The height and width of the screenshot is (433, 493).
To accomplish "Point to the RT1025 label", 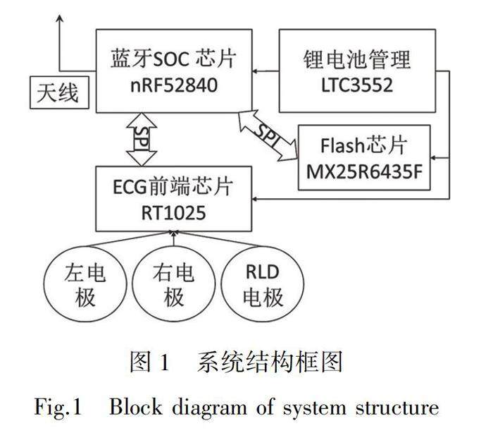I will [x=173, y=210].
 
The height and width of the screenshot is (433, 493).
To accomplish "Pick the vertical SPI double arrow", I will [x=141, y=139].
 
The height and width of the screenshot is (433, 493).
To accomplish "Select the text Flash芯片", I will [x=363, y=147].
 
